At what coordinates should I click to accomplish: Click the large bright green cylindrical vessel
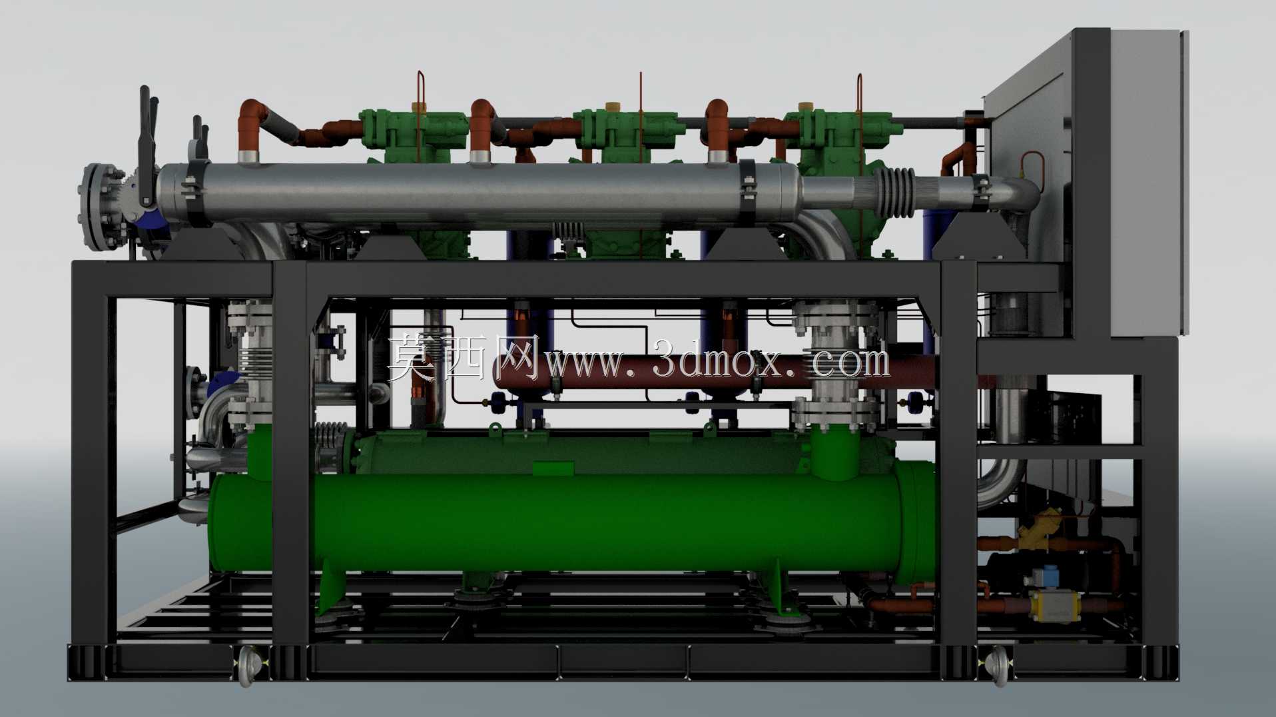click(566, 520)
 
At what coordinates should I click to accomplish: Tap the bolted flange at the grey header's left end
click(100, 207)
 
